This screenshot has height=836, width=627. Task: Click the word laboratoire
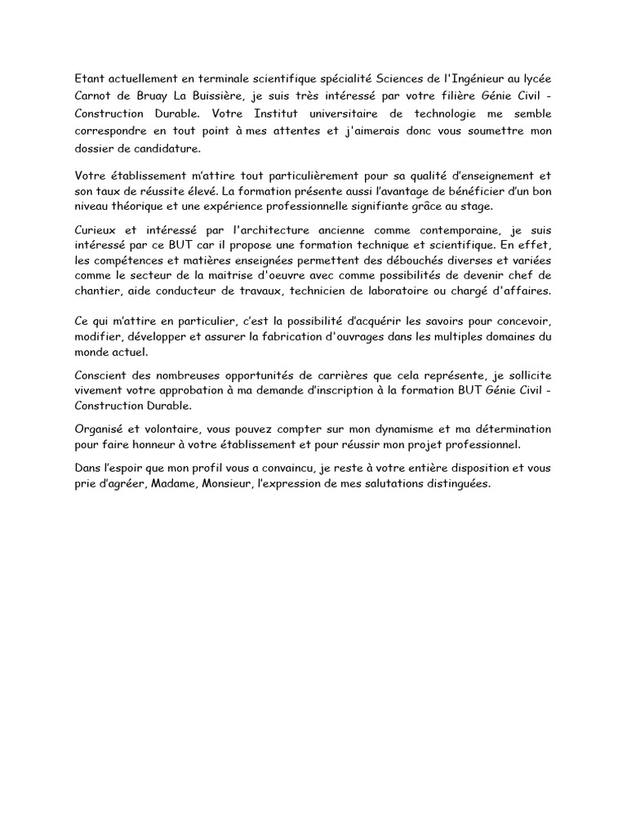[x=425, y=291]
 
